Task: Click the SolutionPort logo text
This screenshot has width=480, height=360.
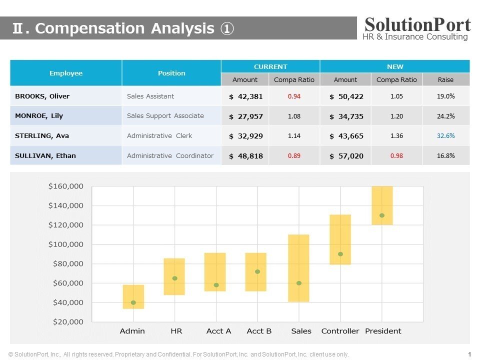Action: point(417,24)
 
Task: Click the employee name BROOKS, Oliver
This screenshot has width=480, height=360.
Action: point(42,96)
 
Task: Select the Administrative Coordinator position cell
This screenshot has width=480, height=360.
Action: point(170,155)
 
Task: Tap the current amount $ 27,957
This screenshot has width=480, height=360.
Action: point(245,116)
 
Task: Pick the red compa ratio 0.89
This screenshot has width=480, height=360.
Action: point(294,155)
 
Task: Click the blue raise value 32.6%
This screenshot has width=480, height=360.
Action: point(445,135)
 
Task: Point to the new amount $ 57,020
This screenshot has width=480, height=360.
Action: point(346,156)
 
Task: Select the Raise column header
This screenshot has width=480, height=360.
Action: point(445,79)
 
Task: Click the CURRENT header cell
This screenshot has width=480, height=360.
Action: point(270,66)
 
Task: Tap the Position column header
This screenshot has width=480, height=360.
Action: point(171,73)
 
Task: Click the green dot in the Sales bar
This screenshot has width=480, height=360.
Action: point(299,283)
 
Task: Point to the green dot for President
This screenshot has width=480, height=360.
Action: point(382,215)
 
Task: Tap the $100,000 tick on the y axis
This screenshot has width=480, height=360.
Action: point(65,244)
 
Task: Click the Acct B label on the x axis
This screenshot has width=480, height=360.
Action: point(259,331)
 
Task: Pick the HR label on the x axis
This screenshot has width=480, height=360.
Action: point(176,331)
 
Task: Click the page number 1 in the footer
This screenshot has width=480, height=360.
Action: point(469,354)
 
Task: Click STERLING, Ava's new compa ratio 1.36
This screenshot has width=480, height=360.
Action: point(396,135)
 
